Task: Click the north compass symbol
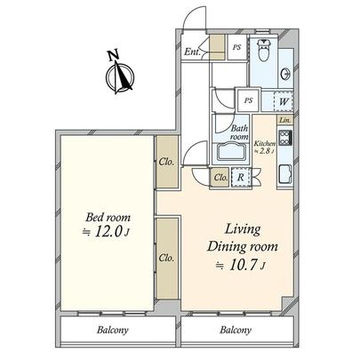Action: (117, 74)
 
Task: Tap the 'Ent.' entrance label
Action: (191, 52)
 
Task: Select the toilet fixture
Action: (264, 49)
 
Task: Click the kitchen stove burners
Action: (284, 140)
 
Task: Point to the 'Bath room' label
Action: (240, 132)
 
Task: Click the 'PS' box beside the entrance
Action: (236, 49)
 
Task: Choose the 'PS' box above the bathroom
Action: (250, 100)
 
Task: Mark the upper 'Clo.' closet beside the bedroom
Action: (165, 163)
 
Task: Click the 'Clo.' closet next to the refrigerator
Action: (221, 178)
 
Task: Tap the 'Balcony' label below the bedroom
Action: (113, 331)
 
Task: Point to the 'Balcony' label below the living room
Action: (235, 331)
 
